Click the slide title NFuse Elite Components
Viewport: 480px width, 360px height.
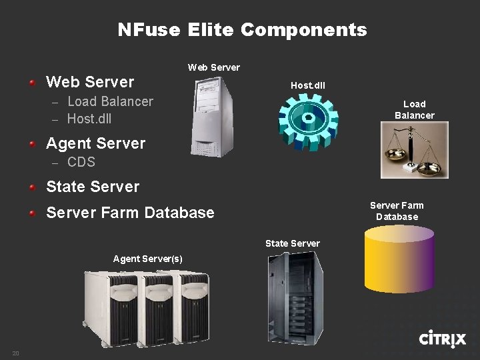[x=242, y=30]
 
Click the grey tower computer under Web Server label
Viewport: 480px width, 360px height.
[x=213, y=117]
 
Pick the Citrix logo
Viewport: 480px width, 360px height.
[x=442, y=339]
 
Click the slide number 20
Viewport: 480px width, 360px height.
[x=15, y=352]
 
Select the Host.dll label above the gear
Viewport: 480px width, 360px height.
[x=308, y=85]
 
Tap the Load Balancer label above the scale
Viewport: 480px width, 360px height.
[x=414, y=109]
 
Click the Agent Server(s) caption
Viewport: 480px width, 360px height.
[x=147, y=259]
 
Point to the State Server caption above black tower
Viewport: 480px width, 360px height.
[x=292, y=243]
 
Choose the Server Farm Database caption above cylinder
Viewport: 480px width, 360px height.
[x=397, y=211]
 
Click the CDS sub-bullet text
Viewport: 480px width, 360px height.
[x=81, y=162]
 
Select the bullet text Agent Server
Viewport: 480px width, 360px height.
[x=95, y=143]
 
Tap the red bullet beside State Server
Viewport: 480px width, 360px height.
[x=32, y=187]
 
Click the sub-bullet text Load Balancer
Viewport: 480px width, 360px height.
[x=110, y=101]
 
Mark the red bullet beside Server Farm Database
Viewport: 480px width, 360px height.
[x=32, y=213]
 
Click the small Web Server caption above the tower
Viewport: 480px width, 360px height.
[x=213, y=67]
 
